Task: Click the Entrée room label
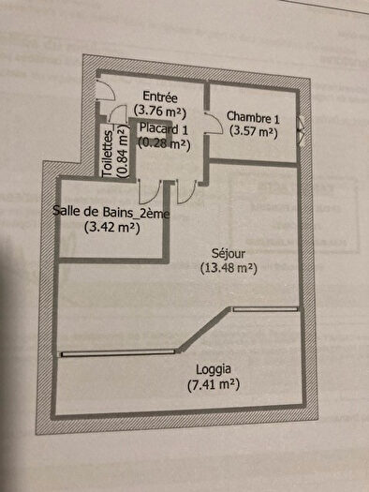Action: pos(160,97)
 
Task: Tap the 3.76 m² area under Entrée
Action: pos(160,110)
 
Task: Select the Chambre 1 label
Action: pos(253,118)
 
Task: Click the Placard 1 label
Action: pos(164,129)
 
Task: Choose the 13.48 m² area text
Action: pos(228,268)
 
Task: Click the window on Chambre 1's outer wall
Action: pos(301,128)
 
